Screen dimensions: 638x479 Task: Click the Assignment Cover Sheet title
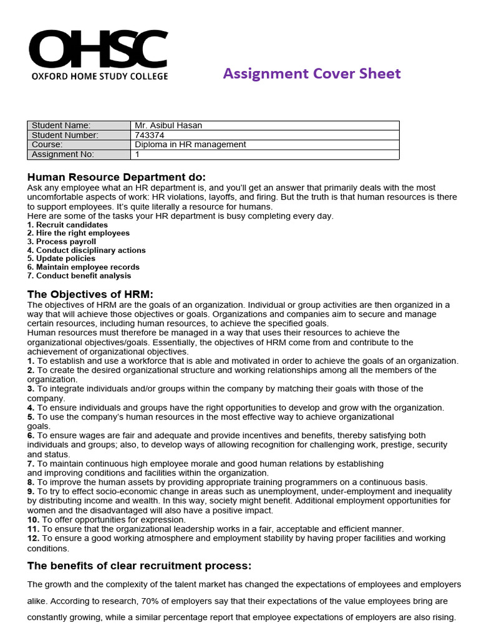click(x=312, y=74)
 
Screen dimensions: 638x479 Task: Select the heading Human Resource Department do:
click(x=117, y=177)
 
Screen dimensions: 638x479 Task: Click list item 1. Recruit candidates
click(x=67, y=225)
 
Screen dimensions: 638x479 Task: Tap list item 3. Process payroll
click(x=62, y=242)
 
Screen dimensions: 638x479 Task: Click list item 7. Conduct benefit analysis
click(x=79, y=275)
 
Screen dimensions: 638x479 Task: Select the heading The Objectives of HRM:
click(x=90, y=294)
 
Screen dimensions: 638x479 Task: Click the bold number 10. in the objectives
click(x=33, y=519)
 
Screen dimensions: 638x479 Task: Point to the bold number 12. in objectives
click(x=33, y=538)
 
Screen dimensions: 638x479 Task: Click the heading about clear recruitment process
click(x=139, y=566)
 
